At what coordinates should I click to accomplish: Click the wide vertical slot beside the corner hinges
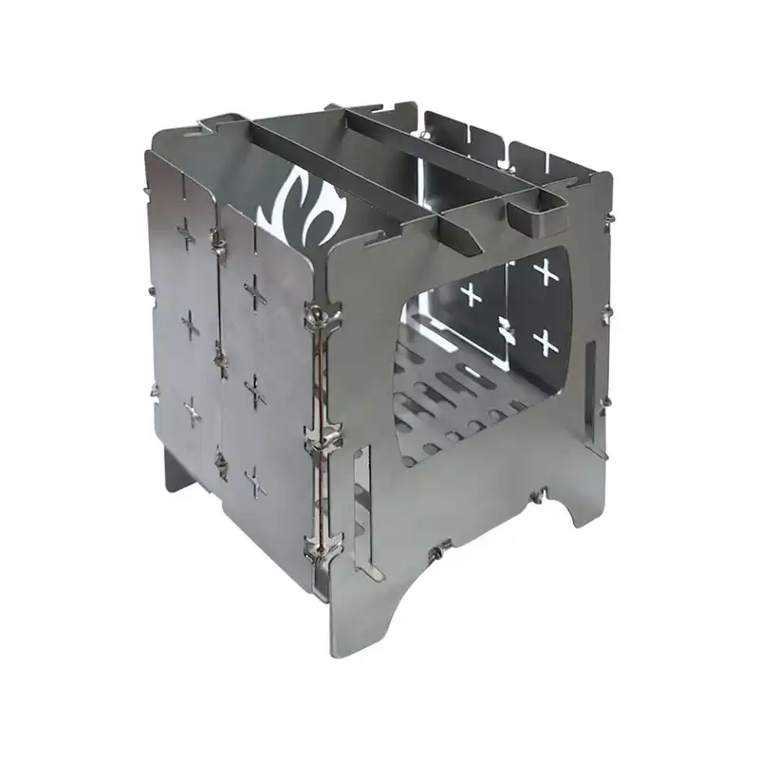tap(360, 512)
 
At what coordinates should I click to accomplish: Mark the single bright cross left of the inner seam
tap(472, 293)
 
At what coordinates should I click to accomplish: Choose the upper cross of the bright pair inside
tap(546, 273)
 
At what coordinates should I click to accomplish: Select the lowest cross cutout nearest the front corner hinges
tap(254, 482)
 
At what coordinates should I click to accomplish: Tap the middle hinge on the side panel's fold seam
tap(220, 356)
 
